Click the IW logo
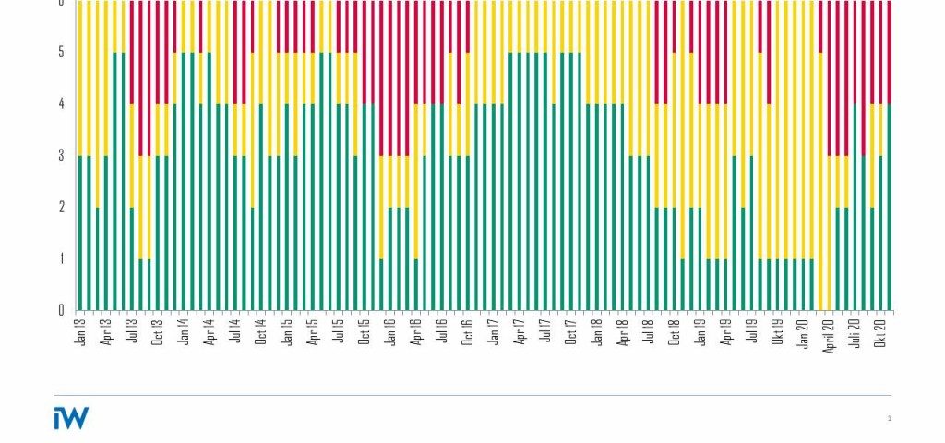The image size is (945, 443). (71, 418)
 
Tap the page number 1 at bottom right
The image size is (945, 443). (889, 419)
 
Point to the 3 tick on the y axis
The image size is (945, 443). (62, 155)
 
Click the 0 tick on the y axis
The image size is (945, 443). (62, 310)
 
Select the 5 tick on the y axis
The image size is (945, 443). (62, 53)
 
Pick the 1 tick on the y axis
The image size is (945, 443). (62, 258)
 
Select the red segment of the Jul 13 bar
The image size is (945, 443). (132, 52)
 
